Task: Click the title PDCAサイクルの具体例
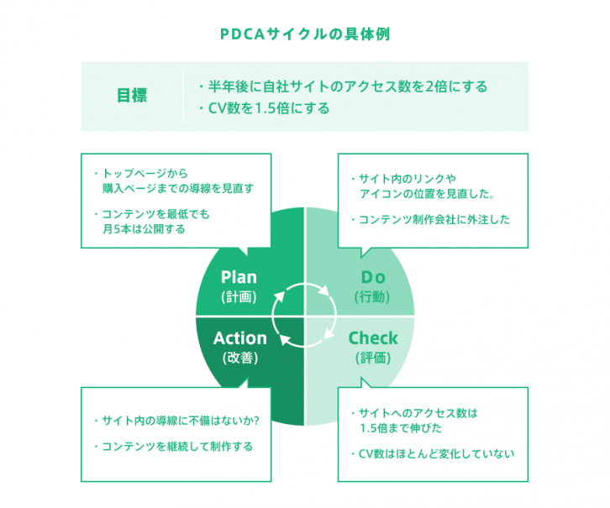[304, 35]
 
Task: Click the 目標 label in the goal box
[131, 96]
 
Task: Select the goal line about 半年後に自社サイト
[342, 86]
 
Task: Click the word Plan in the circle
[239, 277]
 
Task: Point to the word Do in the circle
[372, 277]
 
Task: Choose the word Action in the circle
[239, 338]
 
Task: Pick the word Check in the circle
[373, 338]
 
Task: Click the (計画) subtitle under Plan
[239, 296]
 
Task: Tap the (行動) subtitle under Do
[372, 296]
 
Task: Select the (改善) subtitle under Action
[239, 358]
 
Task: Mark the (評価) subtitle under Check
[373, 358]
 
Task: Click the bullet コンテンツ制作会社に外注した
[429, 220]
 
